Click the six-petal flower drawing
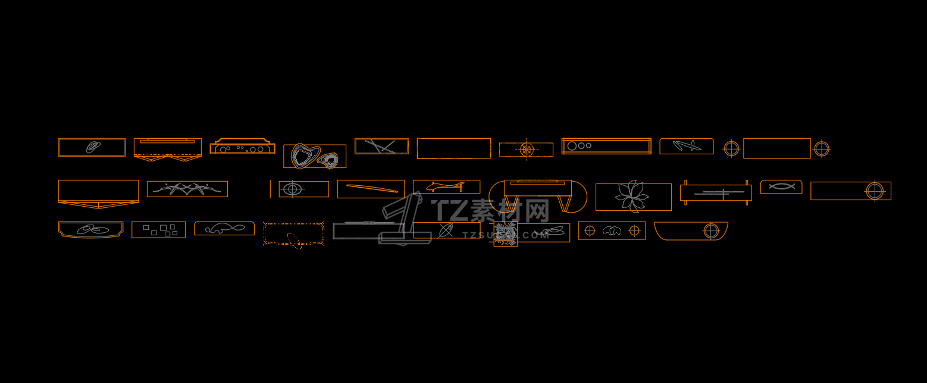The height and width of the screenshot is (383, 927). click(632, 197)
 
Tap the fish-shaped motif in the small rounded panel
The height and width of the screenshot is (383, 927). click(781, 186)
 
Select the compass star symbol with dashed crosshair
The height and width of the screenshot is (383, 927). click(527, 150)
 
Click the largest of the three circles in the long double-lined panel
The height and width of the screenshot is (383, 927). click(572, 146)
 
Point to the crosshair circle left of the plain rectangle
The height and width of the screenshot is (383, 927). click(731, 148)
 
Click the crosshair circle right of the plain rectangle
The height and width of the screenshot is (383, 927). click(822, 148)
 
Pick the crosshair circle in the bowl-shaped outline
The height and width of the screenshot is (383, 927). click(711, 231)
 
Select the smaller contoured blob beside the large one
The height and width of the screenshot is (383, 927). click(328, 160)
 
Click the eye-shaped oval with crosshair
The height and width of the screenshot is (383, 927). click(292, 189)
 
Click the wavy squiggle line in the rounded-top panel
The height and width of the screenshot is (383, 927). click(224, 228)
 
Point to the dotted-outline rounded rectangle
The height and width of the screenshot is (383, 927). click(294, 234)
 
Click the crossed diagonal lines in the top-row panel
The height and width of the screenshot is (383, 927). click(381, 146)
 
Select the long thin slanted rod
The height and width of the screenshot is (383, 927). click(372, 188)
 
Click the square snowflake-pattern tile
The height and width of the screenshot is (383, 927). click(505, 234)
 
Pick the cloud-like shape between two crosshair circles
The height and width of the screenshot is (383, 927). click(612, 231)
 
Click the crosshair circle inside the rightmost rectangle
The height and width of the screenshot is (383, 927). click(875, 191)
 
